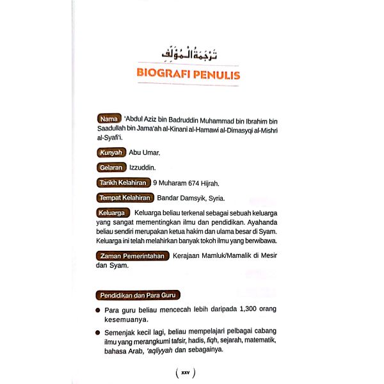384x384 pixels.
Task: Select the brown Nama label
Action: tap(108, 119)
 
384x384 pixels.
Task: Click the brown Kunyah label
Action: tap(110, 152)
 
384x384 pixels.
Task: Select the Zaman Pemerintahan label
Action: tap(132, 256)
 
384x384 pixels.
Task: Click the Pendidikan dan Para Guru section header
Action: tap(137, 295)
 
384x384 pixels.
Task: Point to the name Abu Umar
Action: tap(144, 153)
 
